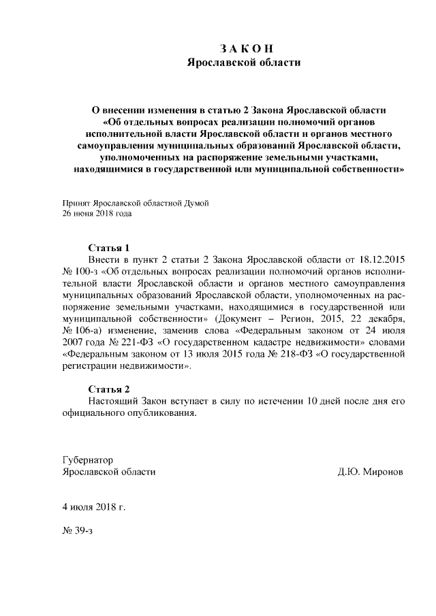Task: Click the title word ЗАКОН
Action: pyautogui.click(x=247, y=48)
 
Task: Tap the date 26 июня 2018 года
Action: pyautogui.click(x=97, y=213)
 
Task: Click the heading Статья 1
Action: pyautogui.click(x=109, y=247)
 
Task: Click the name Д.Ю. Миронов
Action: pyautogui.click(x=370, y=472)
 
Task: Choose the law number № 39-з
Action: pyautogui.click(x=77, y=530)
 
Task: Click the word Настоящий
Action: pyautogui.click(x=114, y=401)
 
